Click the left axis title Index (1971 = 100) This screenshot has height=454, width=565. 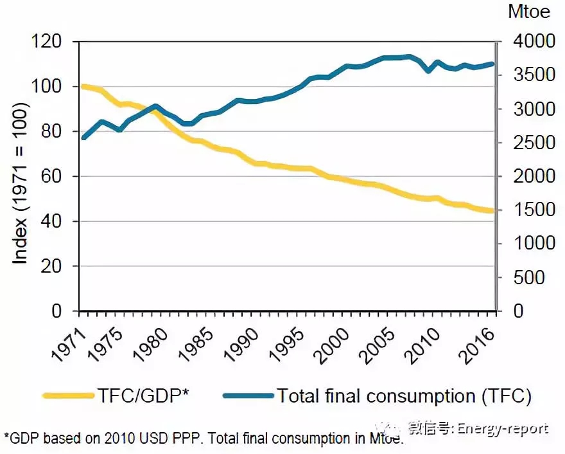21,176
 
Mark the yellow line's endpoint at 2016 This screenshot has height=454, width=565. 492,211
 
